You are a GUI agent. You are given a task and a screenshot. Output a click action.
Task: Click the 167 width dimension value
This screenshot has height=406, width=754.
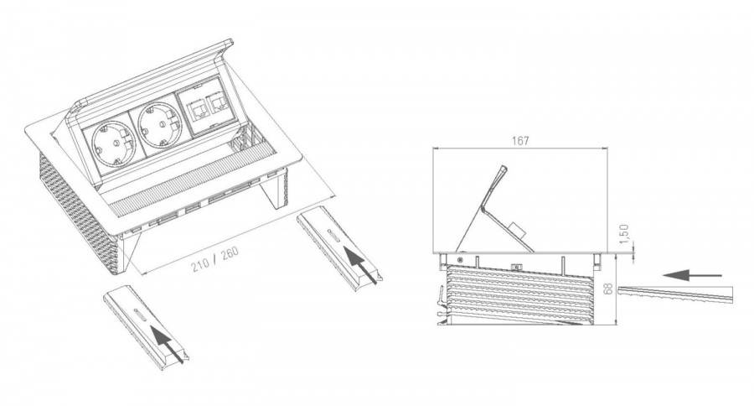click(x=520, y=141)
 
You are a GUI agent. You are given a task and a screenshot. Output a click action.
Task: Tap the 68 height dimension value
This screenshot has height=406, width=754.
click(x=608, y=289)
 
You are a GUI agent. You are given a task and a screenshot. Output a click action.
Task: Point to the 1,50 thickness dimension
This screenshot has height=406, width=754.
click(x=623, y=233)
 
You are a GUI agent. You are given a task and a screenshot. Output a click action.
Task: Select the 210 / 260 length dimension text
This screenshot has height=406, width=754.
click(x=215, y=259)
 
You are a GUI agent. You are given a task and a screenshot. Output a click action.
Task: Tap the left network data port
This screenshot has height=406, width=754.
click(x=197, y=110)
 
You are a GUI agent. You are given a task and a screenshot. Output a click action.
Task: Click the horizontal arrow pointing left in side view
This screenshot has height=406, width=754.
click(x=692, y=275)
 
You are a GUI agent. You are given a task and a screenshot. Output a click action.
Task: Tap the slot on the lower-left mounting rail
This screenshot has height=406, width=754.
click(x=142, y=313)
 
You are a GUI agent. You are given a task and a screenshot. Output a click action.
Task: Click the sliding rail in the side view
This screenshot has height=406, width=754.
click(x=675, y=294)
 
